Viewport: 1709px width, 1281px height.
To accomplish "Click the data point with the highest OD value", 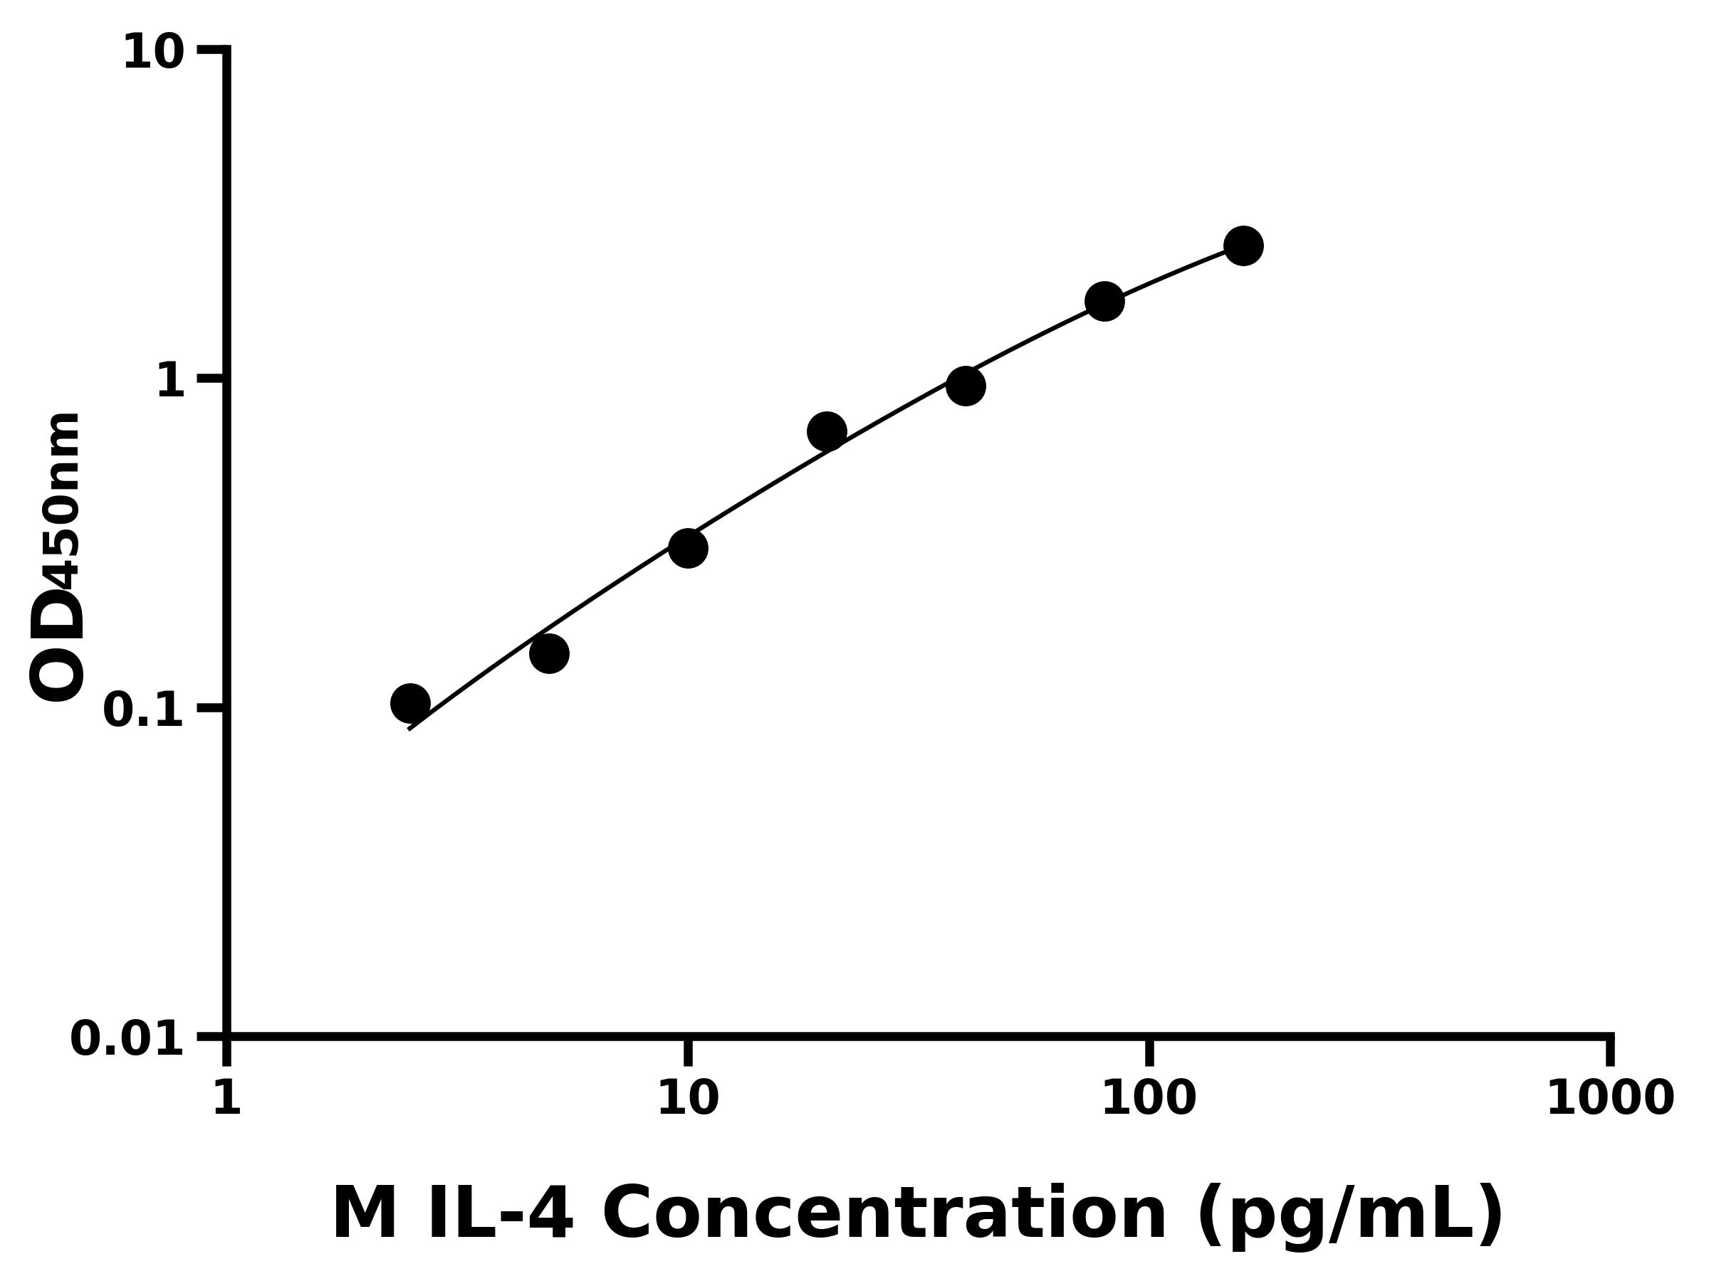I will click(1243, 246).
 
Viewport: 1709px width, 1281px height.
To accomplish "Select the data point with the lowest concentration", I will click(410, 703).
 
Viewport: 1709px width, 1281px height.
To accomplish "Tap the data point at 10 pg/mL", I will click(688, 548).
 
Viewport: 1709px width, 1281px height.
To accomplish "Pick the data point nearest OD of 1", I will click(965, 386).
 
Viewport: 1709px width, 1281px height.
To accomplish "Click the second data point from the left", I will click(549, 654).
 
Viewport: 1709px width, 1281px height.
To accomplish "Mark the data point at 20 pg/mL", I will click(827, 431).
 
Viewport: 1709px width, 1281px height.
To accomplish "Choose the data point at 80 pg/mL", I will click(1105, 301).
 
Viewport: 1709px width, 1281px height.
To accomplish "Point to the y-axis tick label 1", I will click(171, 381).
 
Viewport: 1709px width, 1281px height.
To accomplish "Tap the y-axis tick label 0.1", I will click(144, 710).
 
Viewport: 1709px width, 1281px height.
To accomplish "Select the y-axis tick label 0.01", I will click(127, 1039).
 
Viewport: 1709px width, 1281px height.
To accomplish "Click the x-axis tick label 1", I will click(227, 1099).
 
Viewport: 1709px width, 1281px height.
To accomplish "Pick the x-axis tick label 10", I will click(688, 1099).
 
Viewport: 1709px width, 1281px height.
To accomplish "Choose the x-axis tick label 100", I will click(1149, 1099).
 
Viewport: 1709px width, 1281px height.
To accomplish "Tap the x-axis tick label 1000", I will click(1610, 1099).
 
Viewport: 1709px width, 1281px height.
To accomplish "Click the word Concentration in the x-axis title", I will click(884, 1216).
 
